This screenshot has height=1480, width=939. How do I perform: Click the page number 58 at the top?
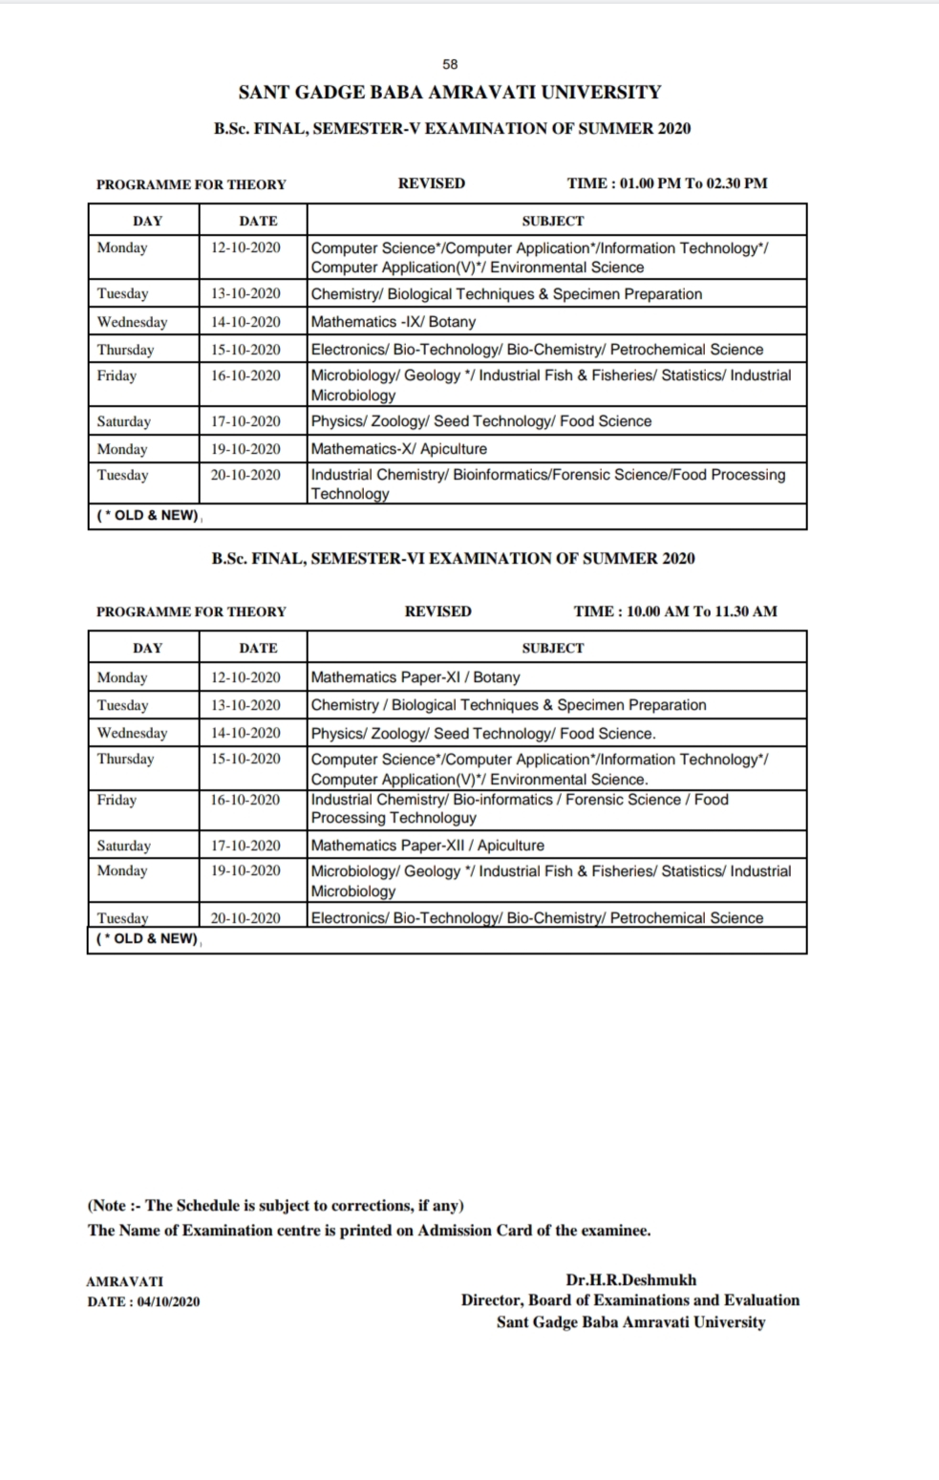(x=450, y=64)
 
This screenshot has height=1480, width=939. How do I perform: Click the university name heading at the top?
(x=449, y=93)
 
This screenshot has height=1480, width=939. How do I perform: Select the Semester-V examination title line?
(x=452, y=128)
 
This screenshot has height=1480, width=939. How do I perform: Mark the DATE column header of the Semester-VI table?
(x=258, y=648)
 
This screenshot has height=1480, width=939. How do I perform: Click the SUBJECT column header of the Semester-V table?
(x=552, y=221)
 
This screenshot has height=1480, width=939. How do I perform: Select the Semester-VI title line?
(x=453, y=558)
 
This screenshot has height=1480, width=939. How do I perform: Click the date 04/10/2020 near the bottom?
(x=168, y=1301)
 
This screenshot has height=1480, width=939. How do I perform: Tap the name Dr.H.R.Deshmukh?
(x=630, y=1279)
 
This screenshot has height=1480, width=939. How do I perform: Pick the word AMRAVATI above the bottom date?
(x=124, y=1281)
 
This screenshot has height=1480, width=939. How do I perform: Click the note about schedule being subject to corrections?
(x=276, y=1206)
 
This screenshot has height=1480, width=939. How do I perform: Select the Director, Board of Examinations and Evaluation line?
(x=630, y=1300)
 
